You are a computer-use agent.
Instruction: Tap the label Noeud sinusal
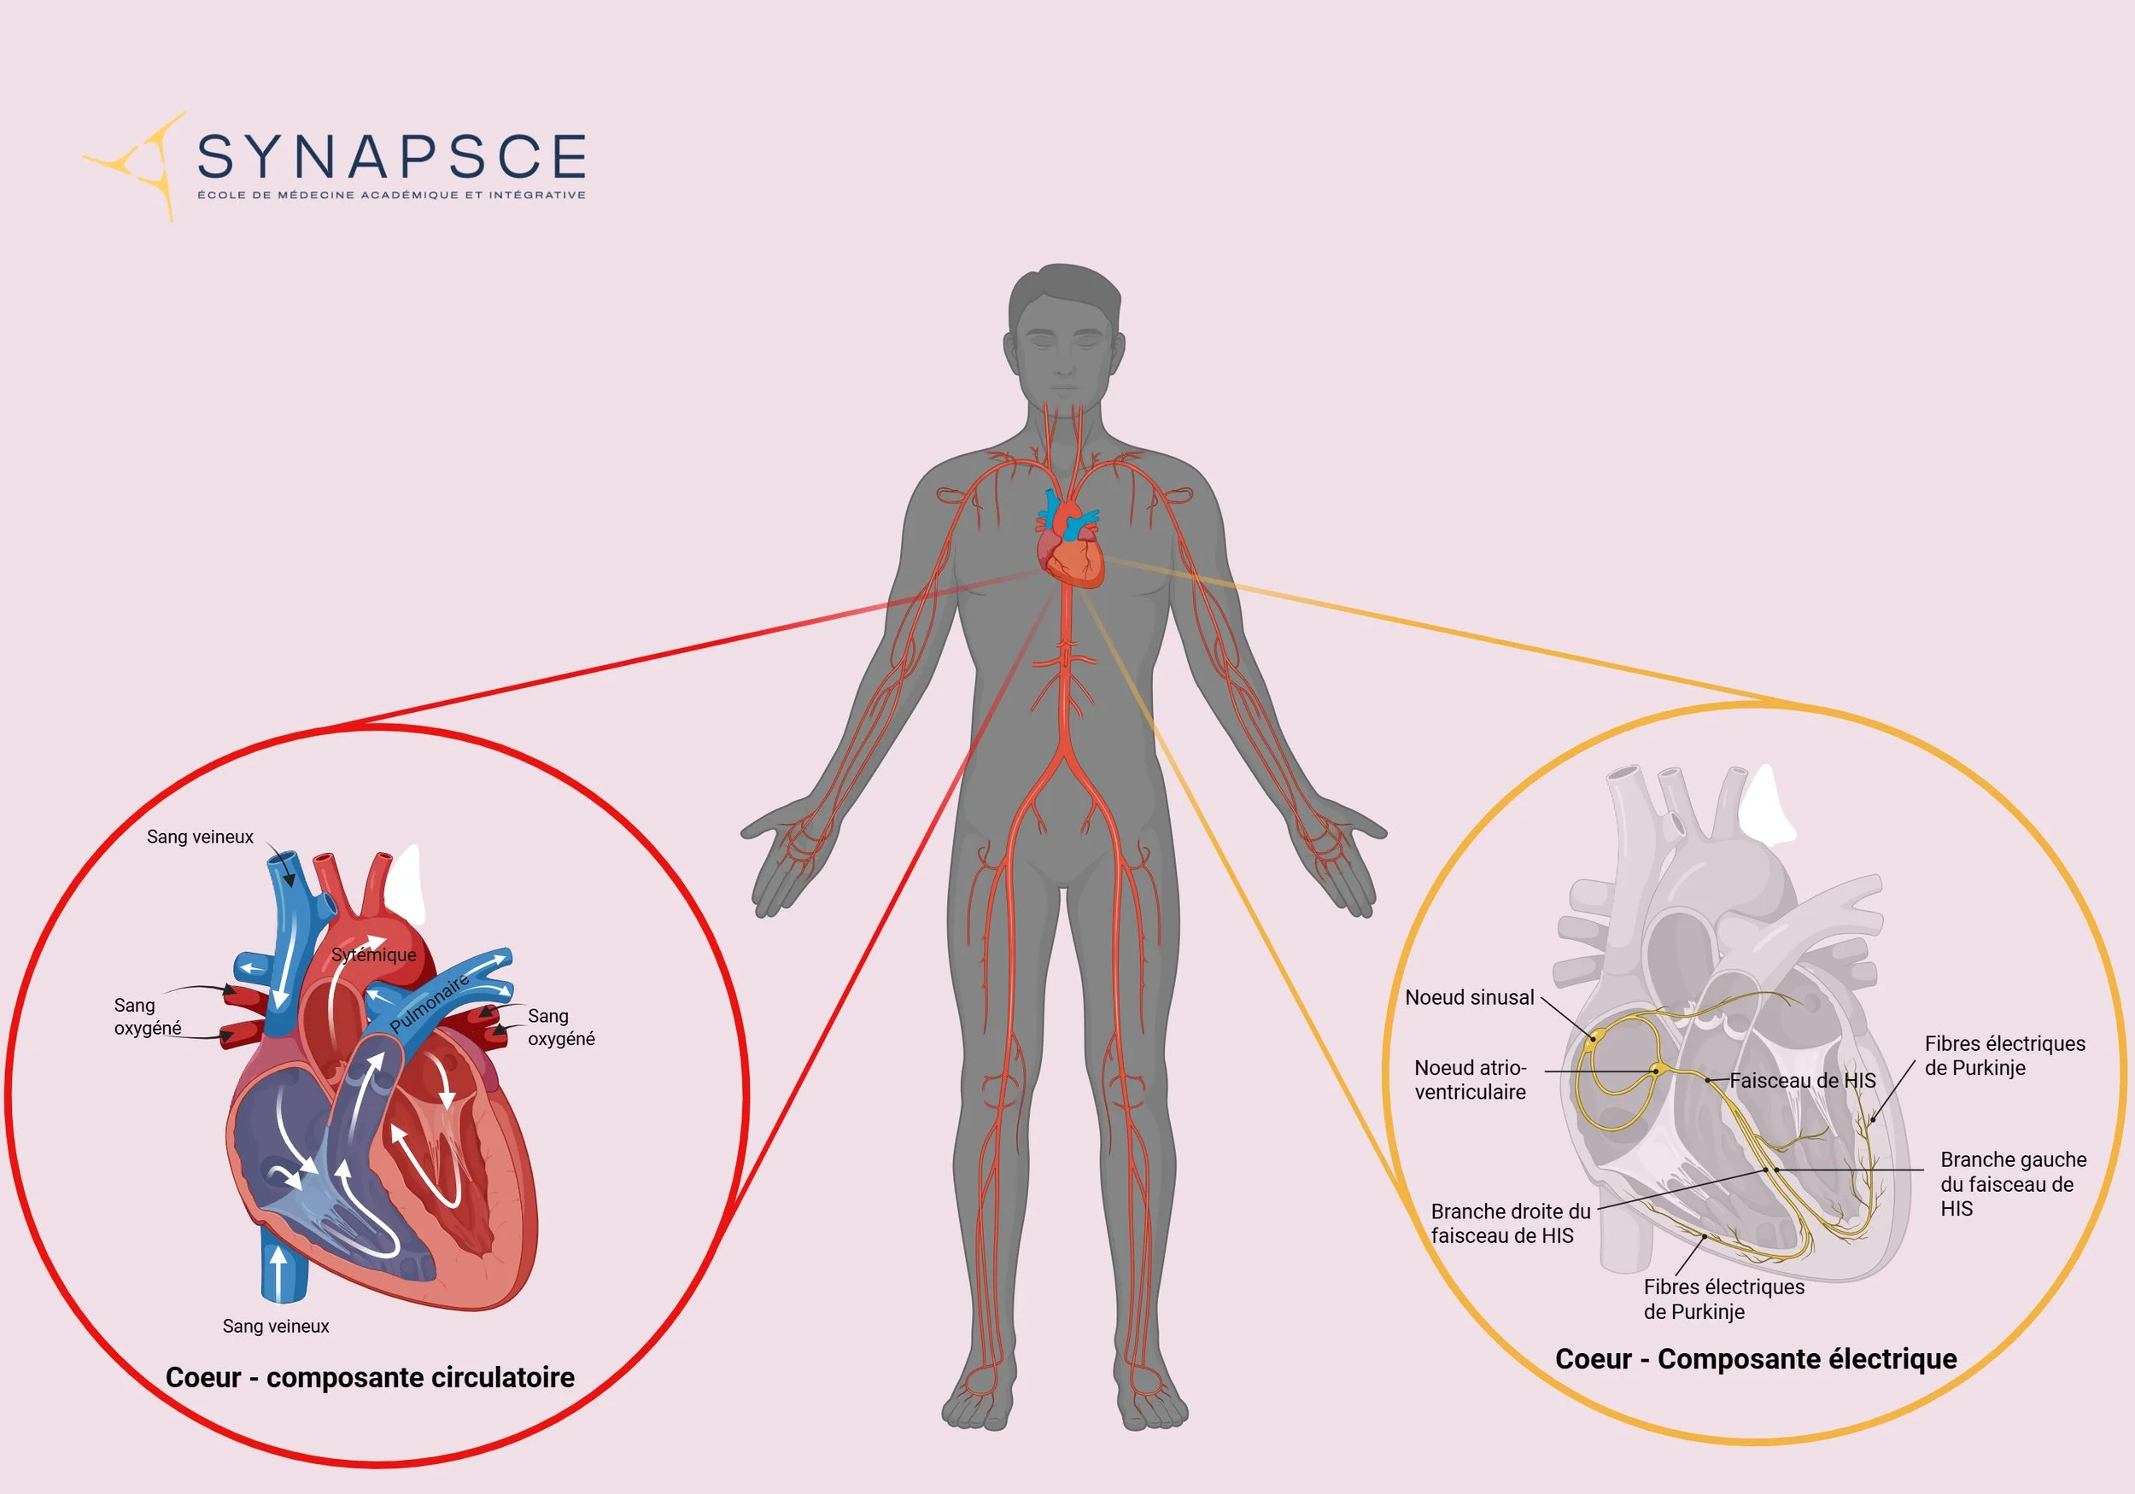[1468, 997]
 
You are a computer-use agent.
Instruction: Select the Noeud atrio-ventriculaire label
[1469, 1079]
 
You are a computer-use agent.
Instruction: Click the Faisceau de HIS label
[1802, 1080]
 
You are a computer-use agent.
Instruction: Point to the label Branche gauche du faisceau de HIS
[2012, 1183]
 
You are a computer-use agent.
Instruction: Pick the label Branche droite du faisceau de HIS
[1509, 1223]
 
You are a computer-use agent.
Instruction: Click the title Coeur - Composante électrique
[1756, 1359]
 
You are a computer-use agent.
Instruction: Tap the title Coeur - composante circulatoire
[369, 1377]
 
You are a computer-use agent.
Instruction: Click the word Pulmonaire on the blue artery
[429, 1003]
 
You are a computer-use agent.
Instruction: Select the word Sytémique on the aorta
[374, 954]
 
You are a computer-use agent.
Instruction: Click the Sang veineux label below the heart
[275, 1327]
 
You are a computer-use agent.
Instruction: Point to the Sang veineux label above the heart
[200, 837]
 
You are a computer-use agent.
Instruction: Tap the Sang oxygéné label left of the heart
[147, 1016]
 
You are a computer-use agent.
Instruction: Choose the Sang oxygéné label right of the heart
[561, 1027]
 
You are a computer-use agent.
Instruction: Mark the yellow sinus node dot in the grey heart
[1592, 1038]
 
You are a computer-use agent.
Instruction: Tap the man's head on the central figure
[1065, 335]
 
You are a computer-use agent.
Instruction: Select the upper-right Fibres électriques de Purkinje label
[2003, 1055]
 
